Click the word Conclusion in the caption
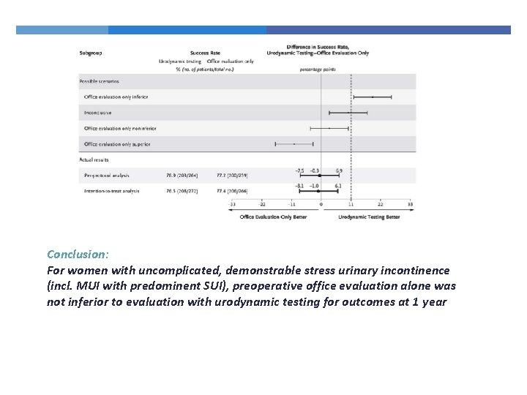tap(77, 255)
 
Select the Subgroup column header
tap(91, 53)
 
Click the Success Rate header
tap(205, 53)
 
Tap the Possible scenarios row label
tap(100, 81)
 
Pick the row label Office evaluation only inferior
tap(116, 97)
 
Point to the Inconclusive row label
tap(98, 113)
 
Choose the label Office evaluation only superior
tap(117, 144)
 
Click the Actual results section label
tap(94, 159)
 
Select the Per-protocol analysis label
tap(107, 176)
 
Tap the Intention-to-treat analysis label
tap(112, 191)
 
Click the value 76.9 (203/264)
tap(182, 176)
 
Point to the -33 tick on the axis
tap(232, 204)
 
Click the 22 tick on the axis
tap(380, 204)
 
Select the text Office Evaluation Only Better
tap(274, 217)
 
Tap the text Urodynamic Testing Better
tap(369, 217)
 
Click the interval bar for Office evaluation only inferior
tap(373, 97)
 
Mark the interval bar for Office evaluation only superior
tap(294, 144)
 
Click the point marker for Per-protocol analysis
tap(320, 176)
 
